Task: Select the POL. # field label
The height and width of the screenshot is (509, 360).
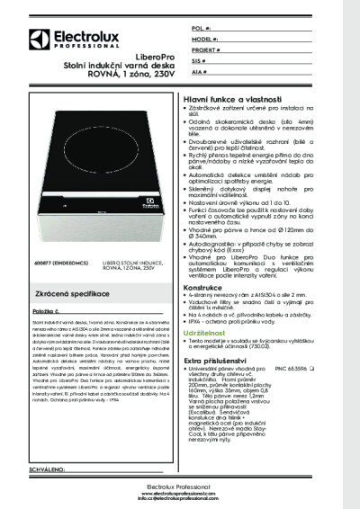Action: pos(201,29)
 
